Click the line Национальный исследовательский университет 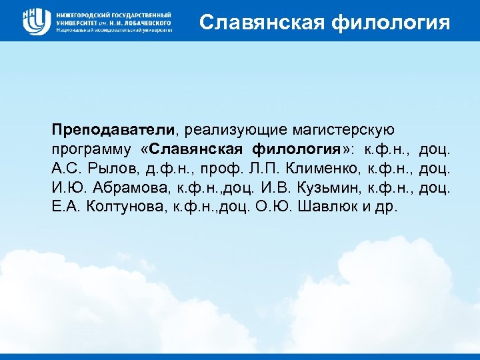pyautogui.click(x=114, y=30)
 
